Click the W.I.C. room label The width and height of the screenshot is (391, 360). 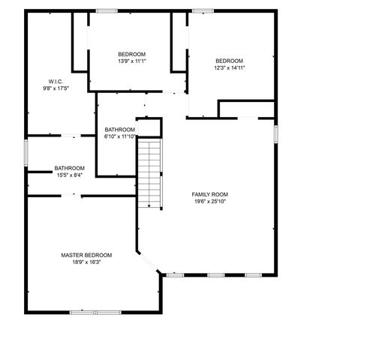[x=56, y=81]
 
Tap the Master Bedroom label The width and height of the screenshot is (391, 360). [x=86, y=255]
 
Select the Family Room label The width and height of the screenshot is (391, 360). [x=209, y=194]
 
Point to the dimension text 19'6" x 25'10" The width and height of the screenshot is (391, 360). [x=209, y=201]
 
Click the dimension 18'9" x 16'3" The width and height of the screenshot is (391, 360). [x=86, y=262]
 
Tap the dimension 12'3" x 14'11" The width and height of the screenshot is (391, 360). [x=229, y=67]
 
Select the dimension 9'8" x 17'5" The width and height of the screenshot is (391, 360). [x=56, y=88]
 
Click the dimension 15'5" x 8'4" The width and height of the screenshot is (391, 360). [x=69, y=175]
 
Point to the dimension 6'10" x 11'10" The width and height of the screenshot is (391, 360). [x=120, y=136]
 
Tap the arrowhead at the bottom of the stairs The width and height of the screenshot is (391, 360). [x=150, y=205]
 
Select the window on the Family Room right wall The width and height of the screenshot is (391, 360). [x=276, y=133]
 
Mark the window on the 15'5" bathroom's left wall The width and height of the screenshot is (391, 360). [x=26, y=154]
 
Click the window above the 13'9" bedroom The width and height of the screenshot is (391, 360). [x=106, y=10]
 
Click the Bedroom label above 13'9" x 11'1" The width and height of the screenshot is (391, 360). [x=131, y=54]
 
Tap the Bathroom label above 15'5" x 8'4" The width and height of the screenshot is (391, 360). [x=69, y=168]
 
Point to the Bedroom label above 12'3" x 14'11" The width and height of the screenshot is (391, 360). [x=229, y=61]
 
